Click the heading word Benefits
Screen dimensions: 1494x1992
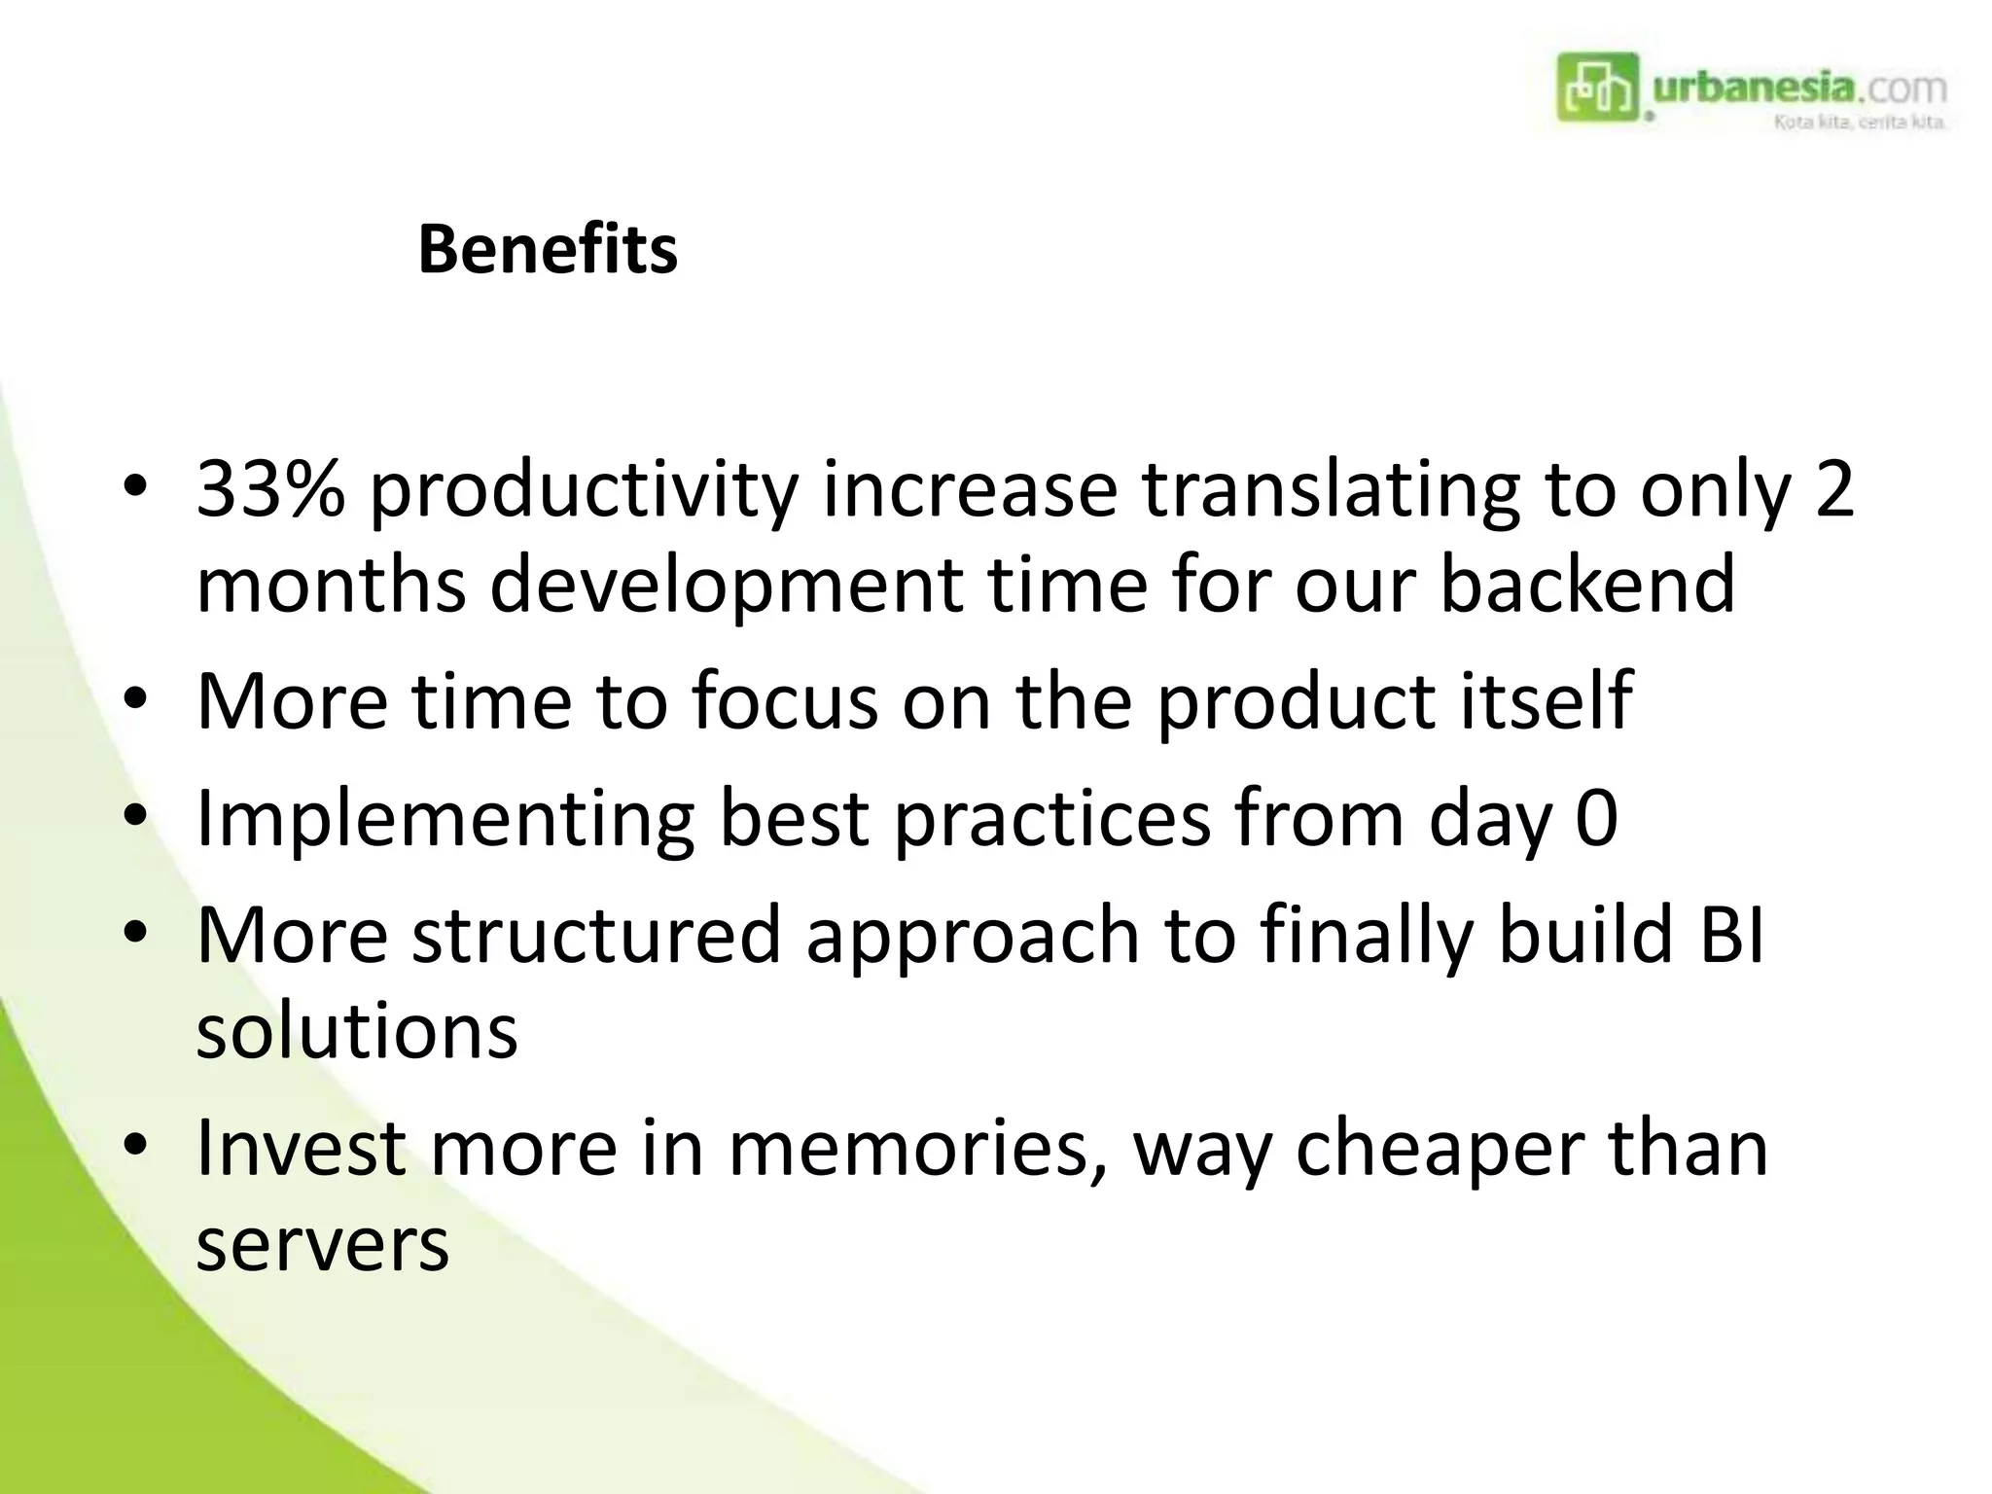click(x=547, y=250)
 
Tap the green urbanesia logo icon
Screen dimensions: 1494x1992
click(x=1597, y=88)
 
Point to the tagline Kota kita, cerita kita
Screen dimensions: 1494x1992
click(x=1859, y=123)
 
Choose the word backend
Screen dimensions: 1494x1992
click(x=1586, y=584)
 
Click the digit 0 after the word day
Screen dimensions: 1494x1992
click(x=1596, y=819)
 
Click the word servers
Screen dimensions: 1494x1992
click(x=322, y=1245)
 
